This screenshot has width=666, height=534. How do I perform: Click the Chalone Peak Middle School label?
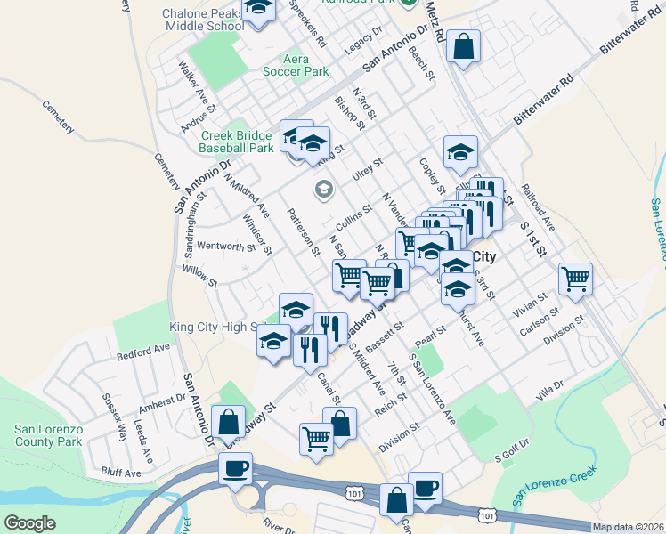tap(202, 20)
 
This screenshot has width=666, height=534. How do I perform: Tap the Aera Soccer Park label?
tap(292, 65)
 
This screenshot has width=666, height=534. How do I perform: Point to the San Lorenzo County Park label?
tap(48, 434)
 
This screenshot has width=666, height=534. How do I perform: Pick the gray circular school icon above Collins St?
tap(322, 189)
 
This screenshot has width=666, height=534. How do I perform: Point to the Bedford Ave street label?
tap(142, 352)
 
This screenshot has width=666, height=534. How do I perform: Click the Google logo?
tap(30, 523)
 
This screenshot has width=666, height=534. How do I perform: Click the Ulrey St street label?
tap(366, 168)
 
